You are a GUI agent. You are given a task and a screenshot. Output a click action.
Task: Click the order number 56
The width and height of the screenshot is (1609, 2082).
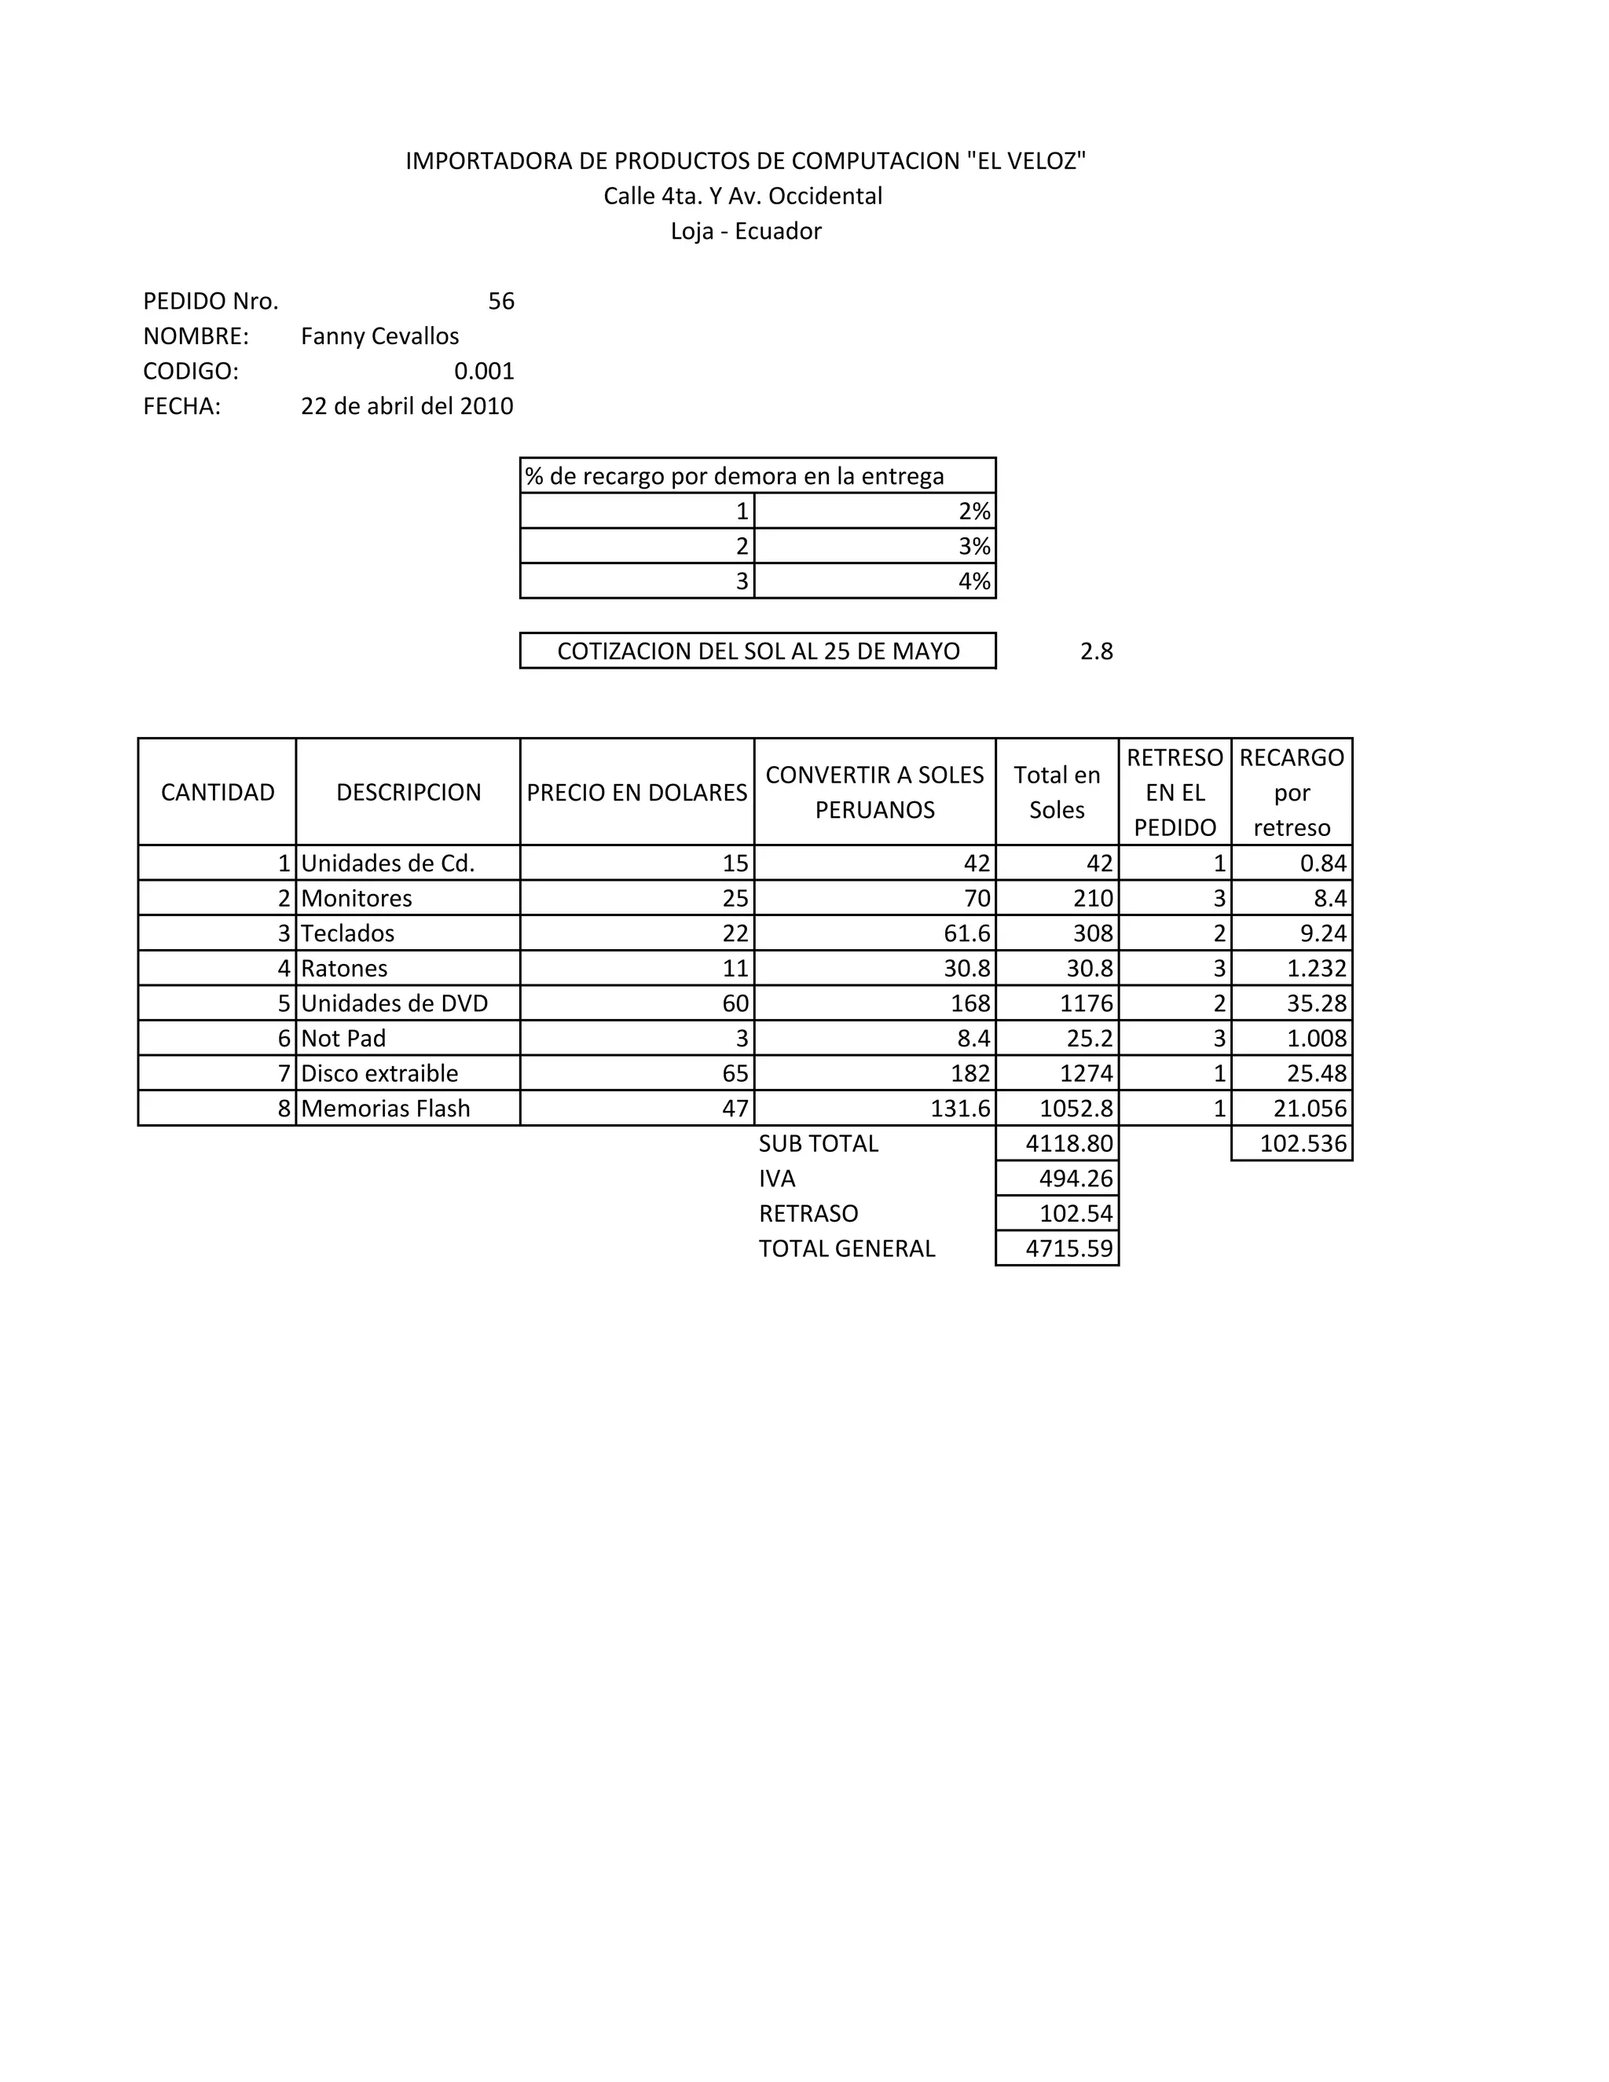click(x=500, y=301)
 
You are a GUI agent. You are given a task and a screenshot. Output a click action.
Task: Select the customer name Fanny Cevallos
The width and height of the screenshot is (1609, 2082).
click(x=379, y=336)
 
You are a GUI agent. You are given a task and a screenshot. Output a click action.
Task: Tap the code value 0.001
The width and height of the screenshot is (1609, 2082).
click(x=483, y=371)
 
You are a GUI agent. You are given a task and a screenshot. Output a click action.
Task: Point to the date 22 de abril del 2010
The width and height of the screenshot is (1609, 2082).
click(x=407, y=406)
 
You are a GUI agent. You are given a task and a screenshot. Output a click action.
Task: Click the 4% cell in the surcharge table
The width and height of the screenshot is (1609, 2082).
click(x=973, y=581)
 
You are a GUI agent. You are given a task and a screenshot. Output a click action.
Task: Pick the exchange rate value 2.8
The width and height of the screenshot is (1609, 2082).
click(x=1096, y=651)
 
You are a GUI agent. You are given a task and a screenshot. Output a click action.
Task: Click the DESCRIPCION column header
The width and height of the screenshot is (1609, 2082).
click(x=408, y=792)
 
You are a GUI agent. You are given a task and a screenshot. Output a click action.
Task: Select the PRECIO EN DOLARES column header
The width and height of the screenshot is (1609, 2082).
click(x=636, y=792)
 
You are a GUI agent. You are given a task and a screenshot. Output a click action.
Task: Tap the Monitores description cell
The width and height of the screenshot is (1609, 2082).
click(x=357, y=898)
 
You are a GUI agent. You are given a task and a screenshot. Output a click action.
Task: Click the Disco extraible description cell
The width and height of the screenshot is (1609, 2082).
click(x=379, y=1073)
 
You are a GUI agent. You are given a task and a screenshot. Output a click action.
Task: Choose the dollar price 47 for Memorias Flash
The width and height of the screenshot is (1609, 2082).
click(x=735, y=1109)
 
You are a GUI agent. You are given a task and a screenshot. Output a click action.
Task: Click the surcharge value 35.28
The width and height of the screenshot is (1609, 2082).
click(x=1317, y=1004)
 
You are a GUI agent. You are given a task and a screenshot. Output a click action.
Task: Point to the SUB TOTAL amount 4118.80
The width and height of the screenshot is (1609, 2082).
click(x=1068, y=1144)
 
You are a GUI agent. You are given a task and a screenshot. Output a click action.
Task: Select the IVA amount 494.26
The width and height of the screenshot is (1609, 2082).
click(x=1076, y=1179)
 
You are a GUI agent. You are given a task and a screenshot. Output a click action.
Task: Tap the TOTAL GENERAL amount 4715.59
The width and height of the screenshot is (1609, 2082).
click(x=1068, y=1249)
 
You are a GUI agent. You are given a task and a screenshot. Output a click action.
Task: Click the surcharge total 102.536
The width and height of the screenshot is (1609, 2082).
click(x=1303, y=1144)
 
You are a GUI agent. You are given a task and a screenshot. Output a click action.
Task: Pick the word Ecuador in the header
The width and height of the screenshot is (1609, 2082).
click(x=778, y=232)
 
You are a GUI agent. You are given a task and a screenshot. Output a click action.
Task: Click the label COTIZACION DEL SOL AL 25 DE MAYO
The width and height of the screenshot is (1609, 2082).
click(x=758, y=651)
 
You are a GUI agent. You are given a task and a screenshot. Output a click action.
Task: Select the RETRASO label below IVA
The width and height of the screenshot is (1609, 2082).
click(x=808, y=1214)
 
